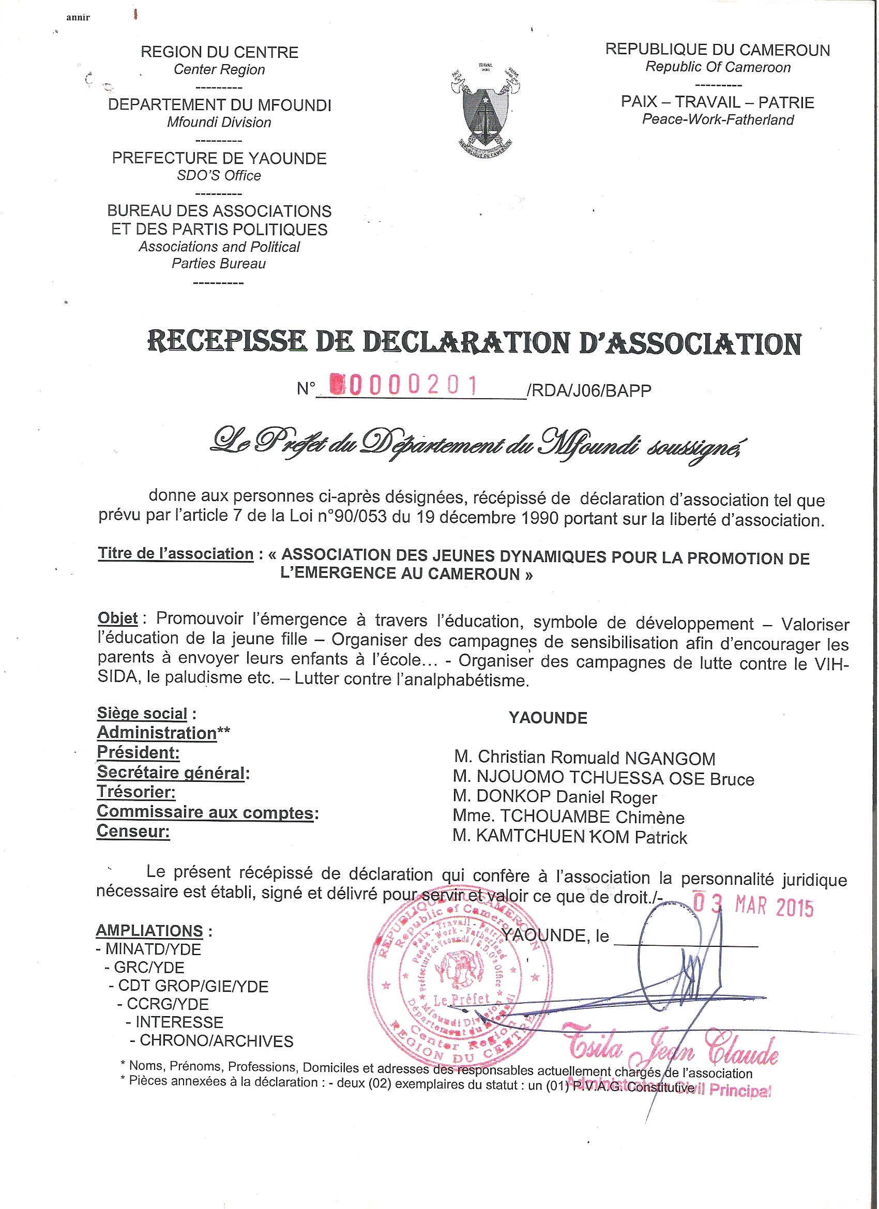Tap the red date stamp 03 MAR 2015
pos(753,905)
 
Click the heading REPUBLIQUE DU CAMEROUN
pos(718,50)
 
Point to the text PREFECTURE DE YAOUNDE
pos(219,158)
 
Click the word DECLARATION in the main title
pos(466,343)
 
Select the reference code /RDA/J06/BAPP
pos(588,391)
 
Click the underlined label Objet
pos(118,618)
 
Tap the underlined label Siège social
pos(142,713)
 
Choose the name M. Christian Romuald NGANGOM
pos(584,758)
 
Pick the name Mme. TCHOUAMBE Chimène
pos(568,817)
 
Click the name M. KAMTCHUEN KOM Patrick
pos(569,837)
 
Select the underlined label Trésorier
pos(136,792)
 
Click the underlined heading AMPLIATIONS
pos(149,931)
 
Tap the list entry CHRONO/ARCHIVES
pos(217,1041)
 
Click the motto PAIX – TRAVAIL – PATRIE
pos(718,102)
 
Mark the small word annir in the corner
pos(79,18)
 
